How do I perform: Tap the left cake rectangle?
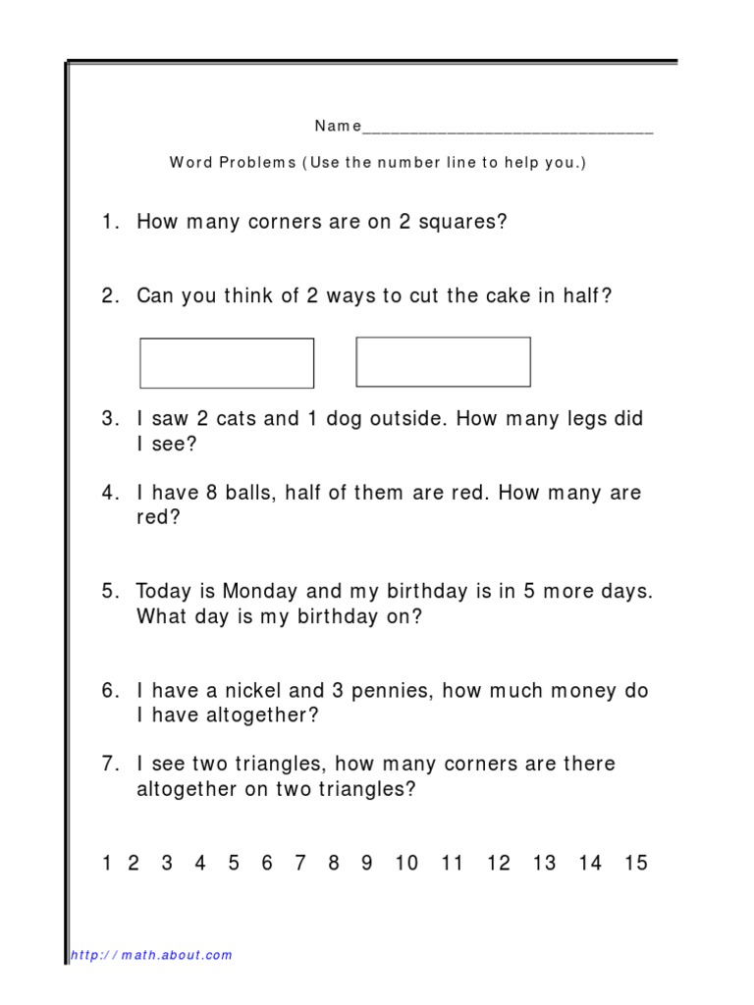coord(227,363)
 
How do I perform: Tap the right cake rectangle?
coord(443,363)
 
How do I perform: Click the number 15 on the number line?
coord(636,864)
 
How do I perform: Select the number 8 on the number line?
coord(334,864)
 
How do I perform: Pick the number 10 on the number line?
coord(405,864)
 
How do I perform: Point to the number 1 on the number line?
coord(107,864)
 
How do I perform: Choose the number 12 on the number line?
coord(499,864)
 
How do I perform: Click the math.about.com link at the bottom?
coord(152,955)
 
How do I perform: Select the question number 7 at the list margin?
coord(108,765)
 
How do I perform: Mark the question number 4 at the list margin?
coord(108,494)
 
